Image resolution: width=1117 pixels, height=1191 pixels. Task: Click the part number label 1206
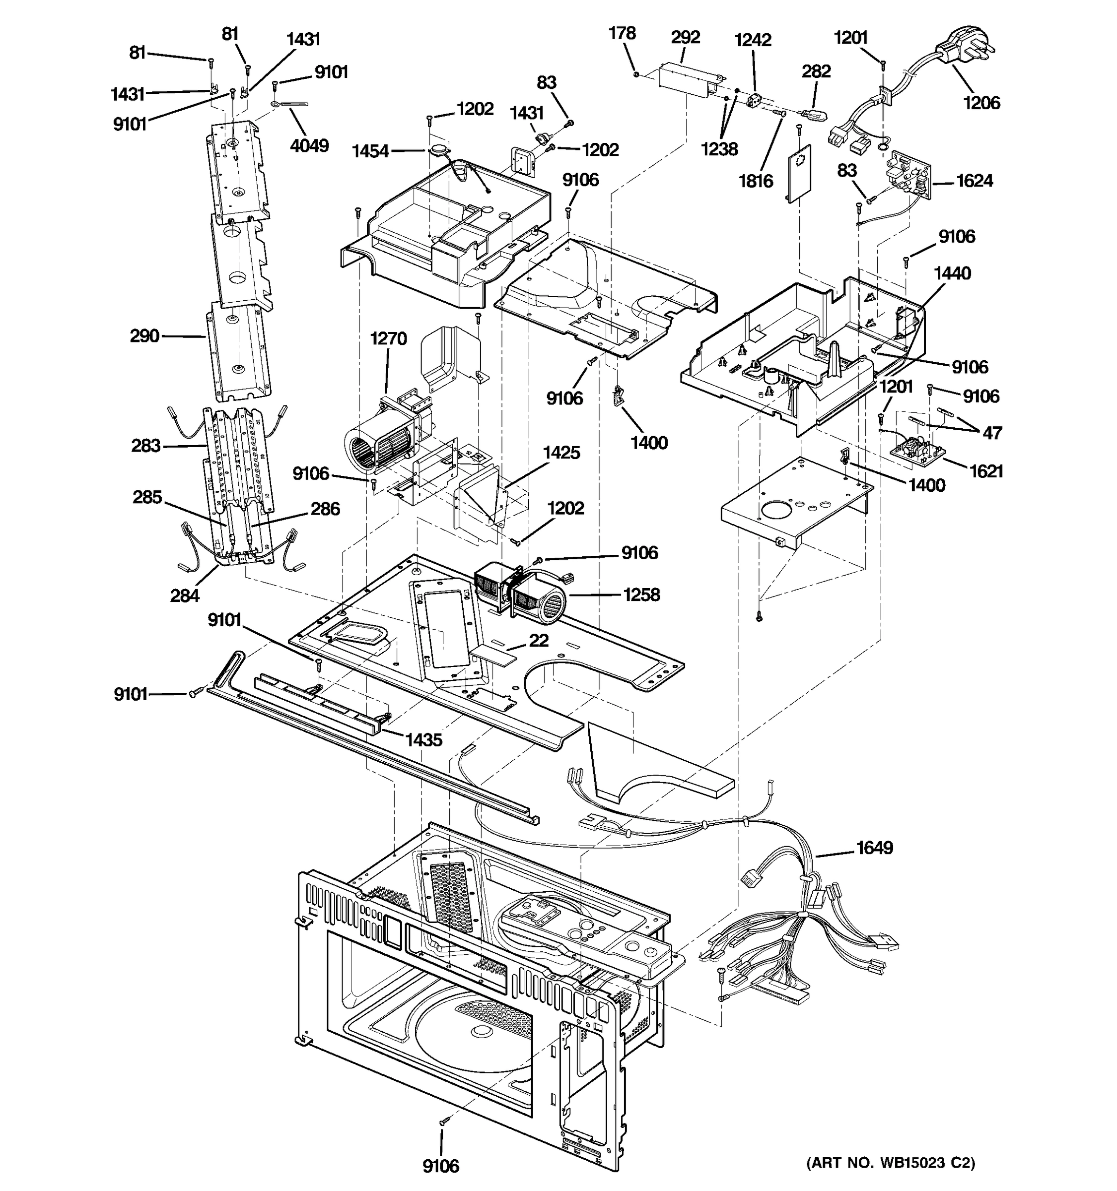point(981,103)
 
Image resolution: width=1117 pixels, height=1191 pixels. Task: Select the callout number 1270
point(388,338)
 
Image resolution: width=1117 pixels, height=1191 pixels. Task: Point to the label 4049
point(309,145)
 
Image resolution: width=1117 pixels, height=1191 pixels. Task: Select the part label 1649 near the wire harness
point(874,848)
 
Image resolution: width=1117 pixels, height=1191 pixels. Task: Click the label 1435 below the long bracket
point(423,740)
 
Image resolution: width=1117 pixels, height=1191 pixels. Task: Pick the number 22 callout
point(539,641)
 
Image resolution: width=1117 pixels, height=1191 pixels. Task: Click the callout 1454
point(370,151)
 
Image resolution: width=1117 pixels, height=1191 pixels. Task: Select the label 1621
point(986,471)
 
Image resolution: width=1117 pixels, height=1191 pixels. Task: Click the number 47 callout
point(992,433)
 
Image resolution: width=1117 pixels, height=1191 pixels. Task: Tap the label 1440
point(952,273)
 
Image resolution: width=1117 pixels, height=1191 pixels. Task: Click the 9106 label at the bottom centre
point(440,1166)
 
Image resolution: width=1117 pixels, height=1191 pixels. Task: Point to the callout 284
point(185,595)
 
